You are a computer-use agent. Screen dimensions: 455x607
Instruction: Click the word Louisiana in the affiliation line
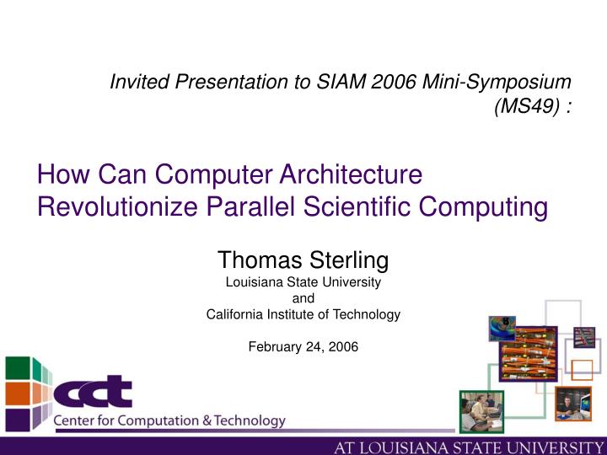click(251, 282)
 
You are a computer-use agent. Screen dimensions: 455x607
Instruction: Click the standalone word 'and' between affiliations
click(303, 298)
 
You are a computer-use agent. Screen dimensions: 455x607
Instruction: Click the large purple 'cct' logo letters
click(93, 393)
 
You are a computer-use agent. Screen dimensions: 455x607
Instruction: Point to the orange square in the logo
click(18, 393)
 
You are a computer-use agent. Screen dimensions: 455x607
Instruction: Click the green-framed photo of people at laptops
click(481, 411)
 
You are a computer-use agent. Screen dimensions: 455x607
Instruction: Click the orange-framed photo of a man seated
click(573, 404)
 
